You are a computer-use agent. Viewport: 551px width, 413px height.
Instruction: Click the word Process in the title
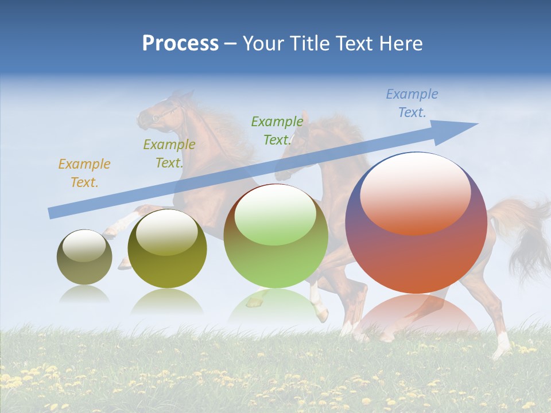coord(180,43)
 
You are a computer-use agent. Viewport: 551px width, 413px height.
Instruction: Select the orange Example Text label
coord(84,173)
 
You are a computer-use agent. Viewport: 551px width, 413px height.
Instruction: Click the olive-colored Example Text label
coord(169,154)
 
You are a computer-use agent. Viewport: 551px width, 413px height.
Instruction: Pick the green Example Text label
coord(277,131)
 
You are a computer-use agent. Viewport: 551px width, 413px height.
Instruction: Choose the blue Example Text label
coord(412,103)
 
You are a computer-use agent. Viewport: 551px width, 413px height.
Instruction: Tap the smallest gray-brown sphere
coord(84,258)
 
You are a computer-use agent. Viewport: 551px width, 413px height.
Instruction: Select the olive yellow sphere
coord(167,250)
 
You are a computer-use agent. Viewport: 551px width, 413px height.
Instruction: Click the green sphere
coord(275,236)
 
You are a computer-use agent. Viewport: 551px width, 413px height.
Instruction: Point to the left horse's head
coord(161,112)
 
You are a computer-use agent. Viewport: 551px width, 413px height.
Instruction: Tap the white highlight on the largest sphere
coord(415,192)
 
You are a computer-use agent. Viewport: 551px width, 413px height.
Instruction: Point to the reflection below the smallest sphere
coord(84,294)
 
